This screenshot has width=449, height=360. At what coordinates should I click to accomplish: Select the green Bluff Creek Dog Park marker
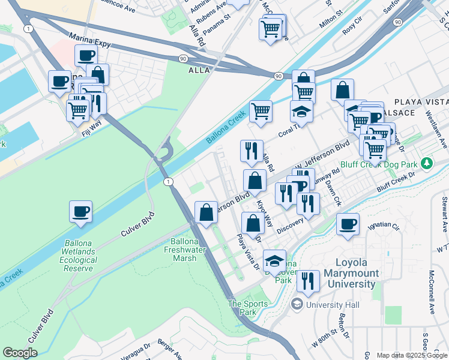[x=426, y=163]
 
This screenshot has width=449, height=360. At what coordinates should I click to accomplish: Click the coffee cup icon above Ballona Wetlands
[x=80, y=212]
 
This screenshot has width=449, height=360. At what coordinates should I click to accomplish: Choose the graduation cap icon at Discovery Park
[x=274, y=261]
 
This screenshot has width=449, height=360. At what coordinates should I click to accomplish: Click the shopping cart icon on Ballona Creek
[x=261, y=111]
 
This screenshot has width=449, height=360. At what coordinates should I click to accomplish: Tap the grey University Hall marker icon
[x=297, y=305]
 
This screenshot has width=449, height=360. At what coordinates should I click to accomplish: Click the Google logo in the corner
[x=20, y=353]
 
